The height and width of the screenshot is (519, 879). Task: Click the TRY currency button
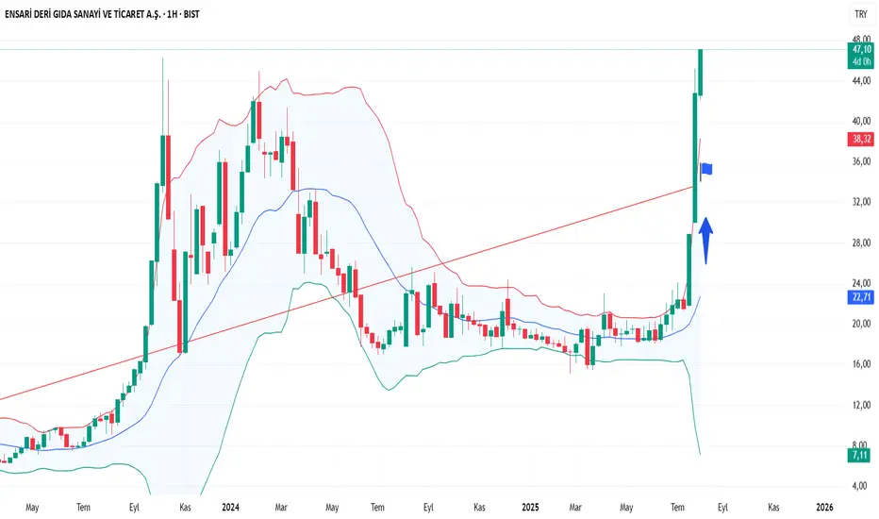pos(860,15)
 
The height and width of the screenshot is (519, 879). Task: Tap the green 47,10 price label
pos(860,49)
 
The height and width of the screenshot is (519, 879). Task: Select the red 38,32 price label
pos(860,139)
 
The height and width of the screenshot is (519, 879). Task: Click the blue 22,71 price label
pos(860,296)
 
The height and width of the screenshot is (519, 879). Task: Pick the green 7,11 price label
pos(860,455)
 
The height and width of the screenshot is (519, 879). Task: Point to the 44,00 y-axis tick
pos(860,81)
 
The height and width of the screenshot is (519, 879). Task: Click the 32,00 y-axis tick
pos(860,203)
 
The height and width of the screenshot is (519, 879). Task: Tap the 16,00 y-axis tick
pos(860,365)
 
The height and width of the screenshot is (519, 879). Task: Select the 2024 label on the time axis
pos(229,507)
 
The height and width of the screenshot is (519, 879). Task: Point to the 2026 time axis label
pos(824,507)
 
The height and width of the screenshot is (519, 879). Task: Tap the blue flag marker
pos(706,170)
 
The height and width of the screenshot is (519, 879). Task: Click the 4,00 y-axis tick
pos(860,486)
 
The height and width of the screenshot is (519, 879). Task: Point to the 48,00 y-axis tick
pos(860,40)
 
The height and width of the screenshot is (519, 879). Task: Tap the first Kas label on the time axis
pos(186,507)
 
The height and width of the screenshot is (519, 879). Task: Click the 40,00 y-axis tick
pos(860,122)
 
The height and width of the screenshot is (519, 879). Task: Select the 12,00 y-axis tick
pos(860,406)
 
